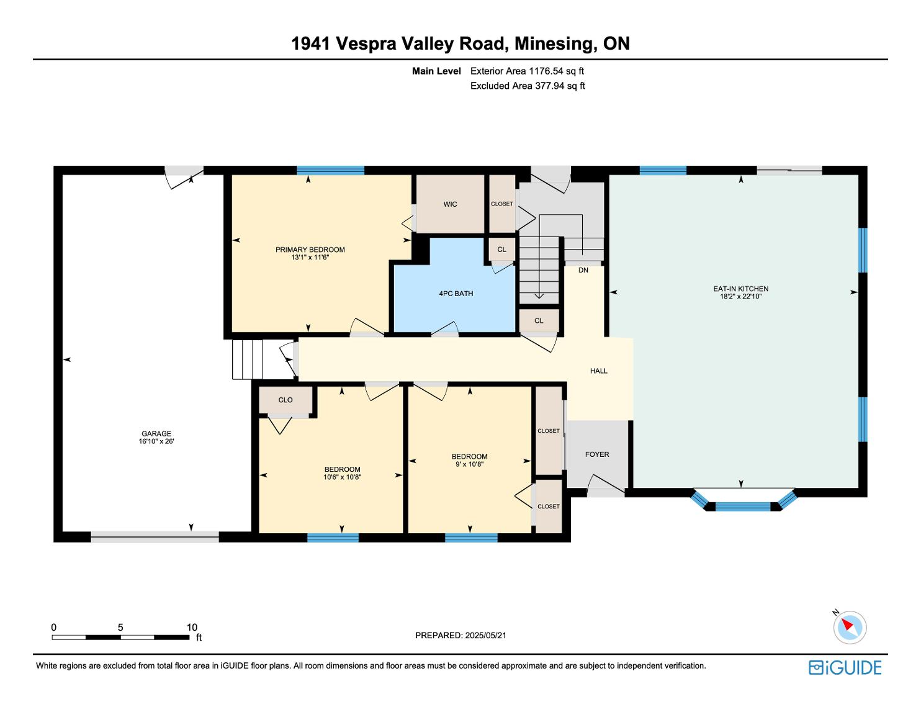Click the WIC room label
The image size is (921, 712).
450,204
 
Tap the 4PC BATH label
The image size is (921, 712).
456,293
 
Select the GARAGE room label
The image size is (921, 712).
156,433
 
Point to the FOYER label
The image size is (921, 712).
597,454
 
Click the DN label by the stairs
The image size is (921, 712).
583,270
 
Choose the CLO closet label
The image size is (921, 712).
285,400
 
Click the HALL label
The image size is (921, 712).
599,371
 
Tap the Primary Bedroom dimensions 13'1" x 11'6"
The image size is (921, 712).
310,257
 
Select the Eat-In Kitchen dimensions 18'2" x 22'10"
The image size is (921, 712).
741,296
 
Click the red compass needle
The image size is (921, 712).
847,624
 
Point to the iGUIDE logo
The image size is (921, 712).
845,667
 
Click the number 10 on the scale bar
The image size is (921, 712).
192,627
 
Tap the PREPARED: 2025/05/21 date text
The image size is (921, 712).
460,635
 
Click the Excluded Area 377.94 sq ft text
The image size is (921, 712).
528,86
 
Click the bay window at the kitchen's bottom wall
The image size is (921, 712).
744,502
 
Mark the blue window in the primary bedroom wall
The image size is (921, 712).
331,170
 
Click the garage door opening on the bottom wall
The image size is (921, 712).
155,537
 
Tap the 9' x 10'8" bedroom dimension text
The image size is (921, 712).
470,464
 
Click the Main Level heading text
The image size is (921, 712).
436,71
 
